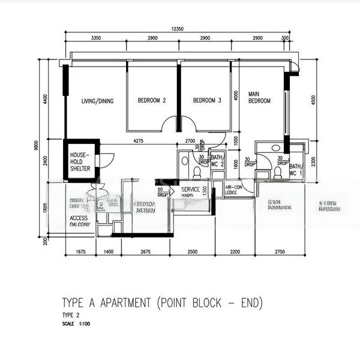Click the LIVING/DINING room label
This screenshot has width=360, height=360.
pos(97,101)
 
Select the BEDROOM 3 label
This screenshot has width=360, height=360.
pos(207,101)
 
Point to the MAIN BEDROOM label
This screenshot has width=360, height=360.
pos(259,97)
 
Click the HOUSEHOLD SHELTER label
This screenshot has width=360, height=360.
pos(80,161)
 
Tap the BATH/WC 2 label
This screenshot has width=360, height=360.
pos(217,160)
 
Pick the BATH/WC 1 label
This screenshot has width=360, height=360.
pos(296,170)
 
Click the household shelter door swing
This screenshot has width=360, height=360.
pos(106,160)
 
